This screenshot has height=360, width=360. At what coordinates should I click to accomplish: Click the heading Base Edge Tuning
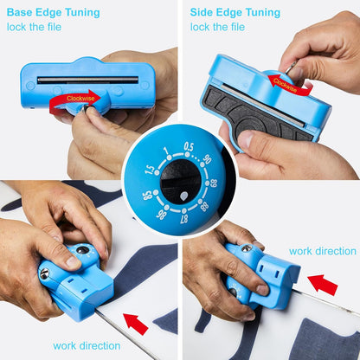(54, 13)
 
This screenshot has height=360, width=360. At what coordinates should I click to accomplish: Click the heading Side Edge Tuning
(235, 13)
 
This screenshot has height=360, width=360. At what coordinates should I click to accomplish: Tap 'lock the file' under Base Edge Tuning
(34, 27)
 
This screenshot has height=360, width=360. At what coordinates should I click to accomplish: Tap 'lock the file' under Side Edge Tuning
(217, 27)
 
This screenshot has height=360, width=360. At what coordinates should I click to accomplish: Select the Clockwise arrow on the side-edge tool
(288, 84)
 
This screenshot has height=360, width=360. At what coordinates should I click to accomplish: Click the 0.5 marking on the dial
(189, 147)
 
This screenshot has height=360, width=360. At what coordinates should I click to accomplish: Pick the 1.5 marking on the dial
(150, 170)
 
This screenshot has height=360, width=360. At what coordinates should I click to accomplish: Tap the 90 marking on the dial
(207, 158)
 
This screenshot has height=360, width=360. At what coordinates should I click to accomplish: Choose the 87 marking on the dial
(184, 219)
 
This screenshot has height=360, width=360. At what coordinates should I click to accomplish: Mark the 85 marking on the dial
(147, 196)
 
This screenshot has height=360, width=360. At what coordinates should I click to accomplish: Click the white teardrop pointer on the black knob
(183, 196)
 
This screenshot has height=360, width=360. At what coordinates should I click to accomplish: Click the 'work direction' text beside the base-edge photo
(87, 345)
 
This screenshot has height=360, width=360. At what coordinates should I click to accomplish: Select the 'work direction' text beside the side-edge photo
(323, 251)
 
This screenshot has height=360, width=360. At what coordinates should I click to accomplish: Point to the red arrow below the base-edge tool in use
(136, 324)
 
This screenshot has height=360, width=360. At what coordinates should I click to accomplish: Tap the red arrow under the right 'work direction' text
(323, 285)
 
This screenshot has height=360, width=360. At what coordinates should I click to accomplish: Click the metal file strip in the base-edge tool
(88, 80)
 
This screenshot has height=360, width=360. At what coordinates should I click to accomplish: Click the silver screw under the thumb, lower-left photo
(44, 273)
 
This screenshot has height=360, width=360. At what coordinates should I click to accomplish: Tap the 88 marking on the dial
(204, 207)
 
